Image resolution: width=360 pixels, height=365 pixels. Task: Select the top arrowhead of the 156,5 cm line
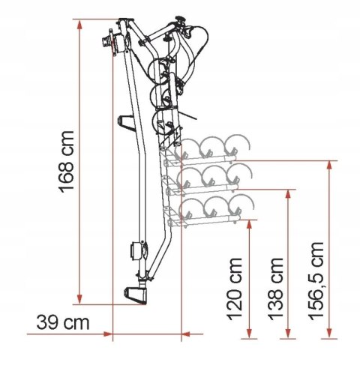click(328, 163)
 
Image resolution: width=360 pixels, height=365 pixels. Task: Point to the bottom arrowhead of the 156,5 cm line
click(328, 328)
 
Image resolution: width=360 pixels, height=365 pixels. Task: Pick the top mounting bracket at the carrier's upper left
click(115, 39)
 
